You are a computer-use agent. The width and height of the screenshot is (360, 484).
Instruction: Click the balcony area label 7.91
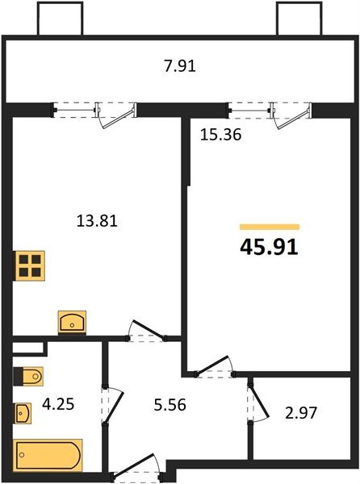coord(179,66)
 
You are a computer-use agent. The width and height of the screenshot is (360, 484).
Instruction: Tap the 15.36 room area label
coord(220,136)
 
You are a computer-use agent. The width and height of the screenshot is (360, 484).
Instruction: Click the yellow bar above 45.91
coord(270,227)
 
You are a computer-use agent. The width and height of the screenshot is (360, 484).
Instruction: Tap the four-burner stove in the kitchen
coord(30,265)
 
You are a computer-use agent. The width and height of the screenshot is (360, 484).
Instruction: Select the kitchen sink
coord(73,322)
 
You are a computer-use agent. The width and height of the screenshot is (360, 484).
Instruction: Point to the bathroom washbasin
coord(24,414)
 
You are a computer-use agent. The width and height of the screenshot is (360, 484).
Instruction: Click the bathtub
coord(48,456)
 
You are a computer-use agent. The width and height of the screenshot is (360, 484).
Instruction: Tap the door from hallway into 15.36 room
coord(213,367)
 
